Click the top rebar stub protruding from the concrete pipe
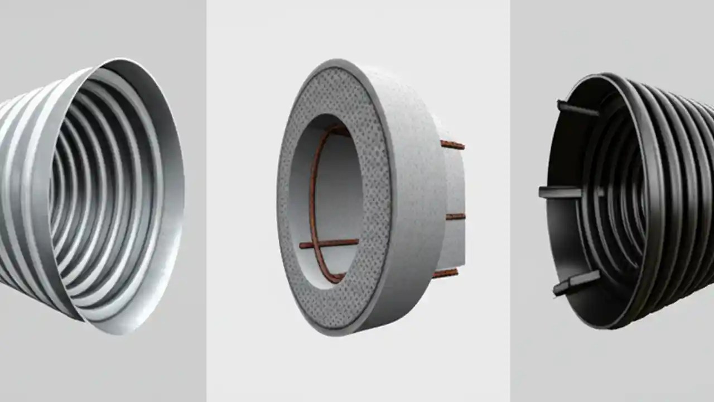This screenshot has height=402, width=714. [452, 145]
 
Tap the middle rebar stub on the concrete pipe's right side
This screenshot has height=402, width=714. [455, 216]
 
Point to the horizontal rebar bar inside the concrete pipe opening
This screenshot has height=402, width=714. [329, 243]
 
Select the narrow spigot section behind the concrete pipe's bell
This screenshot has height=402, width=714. [455, 184]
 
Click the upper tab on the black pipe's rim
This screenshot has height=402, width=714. [577, 108]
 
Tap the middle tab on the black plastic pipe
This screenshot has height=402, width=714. [560, 192]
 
